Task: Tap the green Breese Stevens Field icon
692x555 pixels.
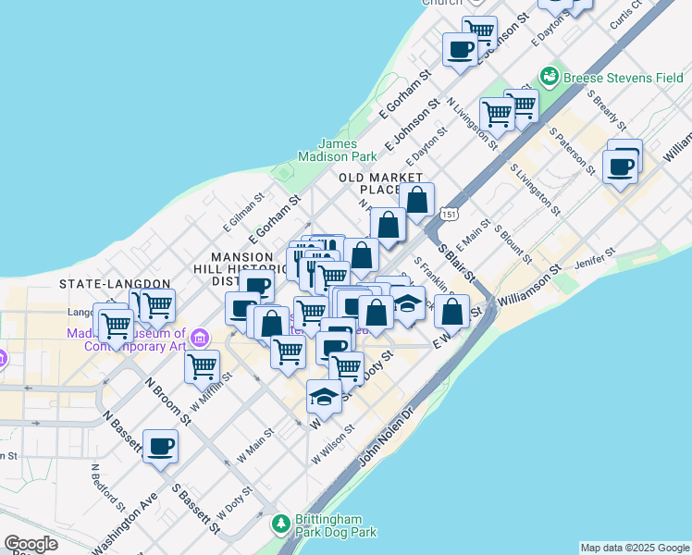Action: click(x=550, y=74)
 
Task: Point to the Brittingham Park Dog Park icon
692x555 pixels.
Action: click(x=281, y=524)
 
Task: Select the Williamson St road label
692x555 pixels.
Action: click(x=529, y=288)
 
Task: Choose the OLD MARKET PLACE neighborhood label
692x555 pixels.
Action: click(x=381, y=183)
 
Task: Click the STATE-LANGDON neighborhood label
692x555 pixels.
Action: click(x=115, y=283)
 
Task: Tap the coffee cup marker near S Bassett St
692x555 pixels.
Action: click(x=160, y=446)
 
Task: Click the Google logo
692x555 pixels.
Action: click(x=30, y=544)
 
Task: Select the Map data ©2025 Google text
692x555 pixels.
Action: click(x=636, y=548)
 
